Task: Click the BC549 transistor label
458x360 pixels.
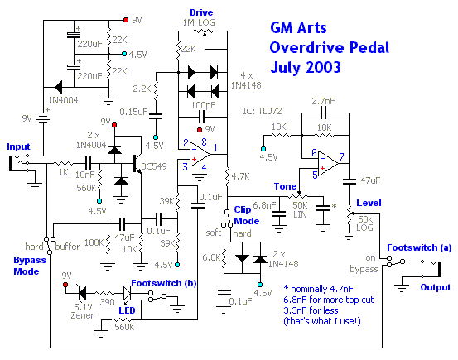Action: point(154,166)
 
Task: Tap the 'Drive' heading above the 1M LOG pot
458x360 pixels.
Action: point(201,12)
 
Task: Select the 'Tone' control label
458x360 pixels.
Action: point(285,186)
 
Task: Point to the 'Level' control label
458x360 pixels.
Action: point(369,203)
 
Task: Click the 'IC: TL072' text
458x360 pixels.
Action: point(263,111)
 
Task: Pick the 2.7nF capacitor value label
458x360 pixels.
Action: point(323,101)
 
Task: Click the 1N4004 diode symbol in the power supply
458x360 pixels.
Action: point(58,87)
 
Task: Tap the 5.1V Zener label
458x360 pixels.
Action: point(83,311)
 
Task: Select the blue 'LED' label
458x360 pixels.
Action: point(127,310)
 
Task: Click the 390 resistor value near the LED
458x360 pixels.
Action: point(107,302)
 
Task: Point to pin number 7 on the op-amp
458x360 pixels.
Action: point(341,156)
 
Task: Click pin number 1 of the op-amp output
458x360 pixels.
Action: point(215,148)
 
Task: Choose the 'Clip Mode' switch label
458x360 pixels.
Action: point(246,215)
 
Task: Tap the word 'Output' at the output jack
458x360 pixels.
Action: point(436,287)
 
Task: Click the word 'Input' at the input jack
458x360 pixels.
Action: point(18,146)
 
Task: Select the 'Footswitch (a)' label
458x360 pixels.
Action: point(419,247)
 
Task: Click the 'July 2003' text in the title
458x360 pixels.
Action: point(306,67)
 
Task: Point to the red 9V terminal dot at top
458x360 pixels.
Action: point(126,20)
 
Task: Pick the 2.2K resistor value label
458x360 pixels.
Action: point(142,89)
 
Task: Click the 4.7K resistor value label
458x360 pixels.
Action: point(240,176)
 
